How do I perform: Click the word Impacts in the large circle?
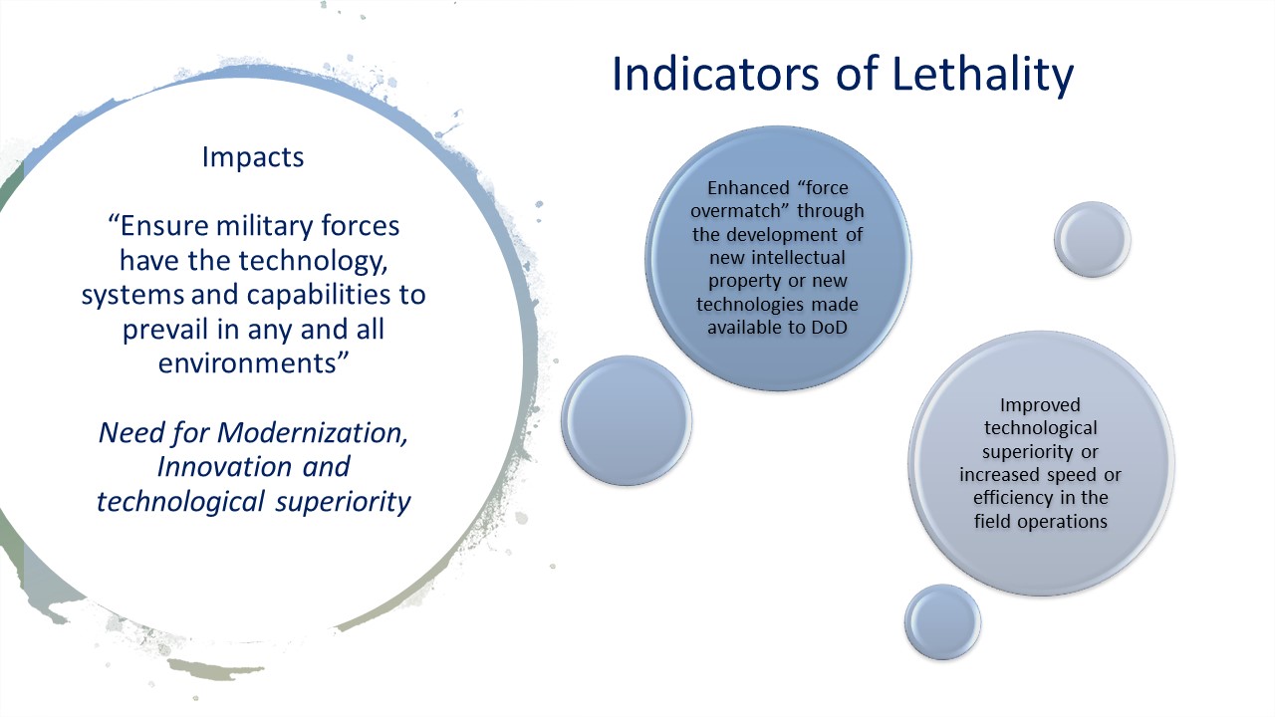coord(253,157)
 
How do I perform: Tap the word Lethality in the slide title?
coord(964,75)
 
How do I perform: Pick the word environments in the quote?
coord(244,363)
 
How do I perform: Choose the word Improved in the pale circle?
coord(1040,405)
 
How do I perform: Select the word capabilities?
coord(299,296)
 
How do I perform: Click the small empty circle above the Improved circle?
coord(1093,239)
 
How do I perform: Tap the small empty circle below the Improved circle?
coord(942,621)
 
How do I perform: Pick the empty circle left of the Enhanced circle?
coord(627,420)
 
